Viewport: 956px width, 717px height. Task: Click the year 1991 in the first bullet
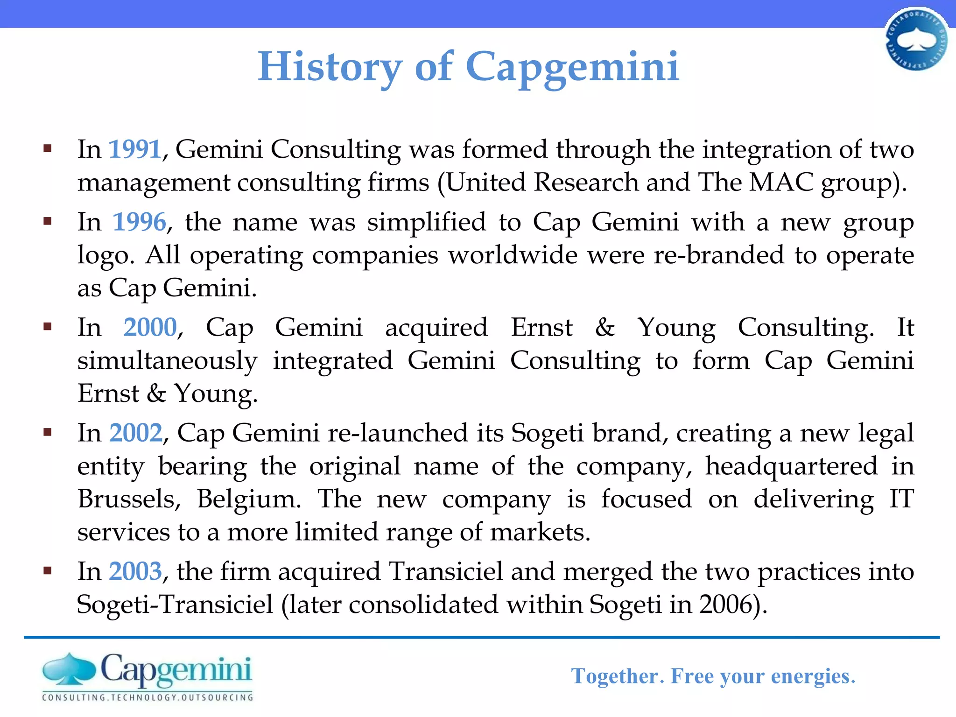click(135, 149)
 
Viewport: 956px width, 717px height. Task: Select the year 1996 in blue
click(140, 222)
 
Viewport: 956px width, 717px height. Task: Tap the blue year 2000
click(150, 327)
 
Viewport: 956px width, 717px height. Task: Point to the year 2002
click(136, 433)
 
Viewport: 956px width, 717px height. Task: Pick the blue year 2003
click(136, 571)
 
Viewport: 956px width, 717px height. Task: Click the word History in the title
click(330, 67)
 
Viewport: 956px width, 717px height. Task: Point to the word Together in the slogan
click(615, 676)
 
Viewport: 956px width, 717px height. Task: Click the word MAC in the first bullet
click(781, 182)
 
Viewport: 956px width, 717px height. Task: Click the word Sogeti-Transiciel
click(175, 605)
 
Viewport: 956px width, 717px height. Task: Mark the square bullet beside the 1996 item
click(47, 221)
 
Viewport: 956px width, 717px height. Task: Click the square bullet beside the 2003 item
click(47, 570)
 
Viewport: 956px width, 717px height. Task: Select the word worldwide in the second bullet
click(513, 255)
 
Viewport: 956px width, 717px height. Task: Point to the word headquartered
click(791, 466)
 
